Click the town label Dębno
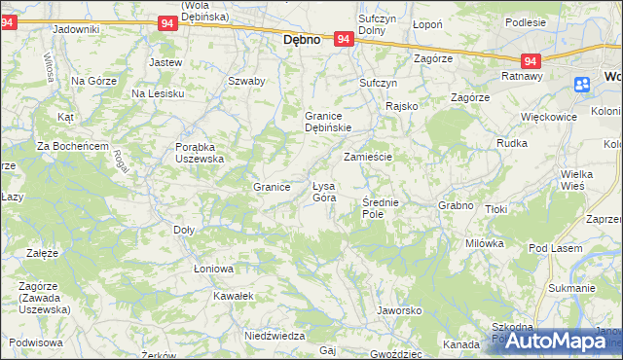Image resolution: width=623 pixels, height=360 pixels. (302, 42)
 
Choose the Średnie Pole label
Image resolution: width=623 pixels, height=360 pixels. (380, 207)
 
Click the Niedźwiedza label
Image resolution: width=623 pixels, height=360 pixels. (270, 335)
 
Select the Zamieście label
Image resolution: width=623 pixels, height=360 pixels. (368, 157)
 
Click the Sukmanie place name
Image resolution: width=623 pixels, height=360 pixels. (571, 288)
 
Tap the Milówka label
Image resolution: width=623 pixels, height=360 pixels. (484, 243)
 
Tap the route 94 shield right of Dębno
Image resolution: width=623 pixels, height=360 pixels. (343, 39)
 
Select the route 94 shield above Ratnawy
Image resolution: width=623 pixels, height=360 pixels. (529, 59)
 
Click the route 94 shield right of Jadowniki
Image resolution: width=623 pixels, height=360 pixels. (166, 22)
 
